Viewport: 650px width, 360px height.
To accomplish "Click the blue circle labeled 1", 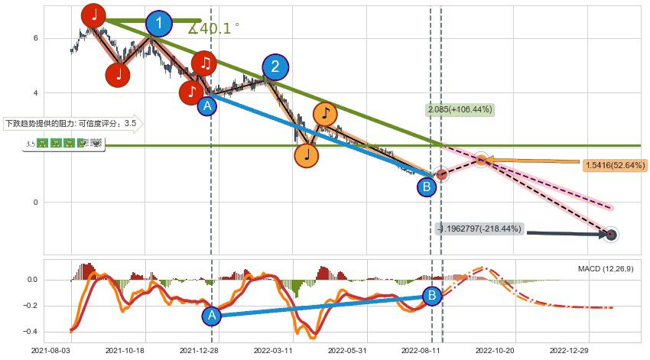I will click(x=159, y=24).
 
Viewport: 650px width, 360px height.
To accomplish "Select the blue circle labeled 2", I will click(x=275, y=66).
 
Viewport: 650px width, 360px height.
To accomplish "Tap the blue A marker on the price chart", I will click(x=207, y=105).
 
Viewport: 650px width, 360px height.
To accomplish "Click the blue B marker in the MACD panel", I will click(x=431, y=295).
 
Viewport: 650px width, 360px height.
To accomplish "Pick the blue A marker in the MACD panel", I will click(x=213, y=315).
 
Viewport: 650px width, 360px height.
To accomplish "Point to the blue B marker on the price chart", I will click(x=427, y=186).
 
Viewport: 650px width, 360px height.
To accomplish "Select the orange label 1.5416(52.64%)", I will click(x=614, y=164).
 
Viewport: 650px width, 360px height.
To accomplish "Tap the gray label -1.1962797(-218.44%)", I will click(x=479, y=229).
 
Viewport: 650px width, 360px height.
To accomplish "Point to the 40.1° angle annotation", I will click(x=214, y=28).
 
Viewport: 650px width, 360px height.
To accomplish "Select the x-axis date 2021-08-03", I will click(x=51, y=352).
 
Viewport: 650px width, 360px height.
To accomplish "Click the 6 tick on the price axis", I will click(x=35, y=38).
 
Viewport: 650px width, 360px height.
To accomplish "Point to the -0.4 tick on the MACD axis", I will click(x=31, y=332).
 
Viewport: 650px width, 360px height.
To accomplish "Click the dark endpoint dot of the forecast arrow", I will click(x=611, y=235).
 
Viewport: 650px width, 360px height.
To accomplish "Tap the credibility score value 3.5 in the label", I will click(x=130, y=123).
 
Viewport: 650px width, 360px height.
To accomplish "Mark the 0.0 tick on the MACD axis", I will click(x=32, y=280).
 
